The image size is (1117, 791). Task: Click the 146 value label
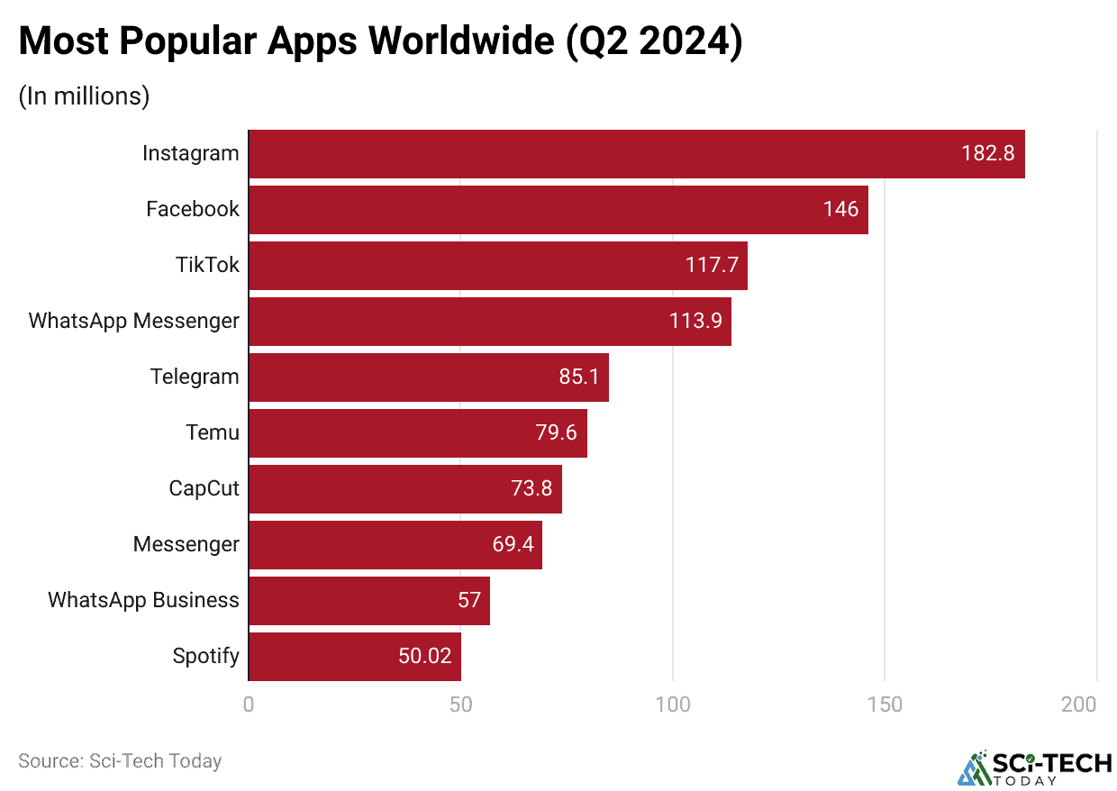coord(840,209)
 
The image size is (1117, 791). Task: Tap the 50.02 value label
coord(424,656)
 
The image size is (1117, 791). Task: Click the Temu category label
coord(213,432)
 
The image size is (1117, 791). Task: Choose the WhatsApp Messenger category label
coord(134,321)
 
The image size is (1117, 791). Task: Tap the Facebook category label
coord(193,209)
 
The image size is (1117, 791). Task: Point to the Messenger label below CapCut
coord(186,544)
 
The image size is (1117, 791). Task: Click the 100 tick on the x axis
coord(673,705)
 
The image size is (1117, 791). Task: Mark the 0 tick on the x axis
coord(249,705)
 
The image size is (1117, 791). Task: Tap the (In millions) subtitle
coord(84,95)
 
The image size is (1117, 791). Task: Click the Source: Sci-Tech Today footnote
coord(120,760)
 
